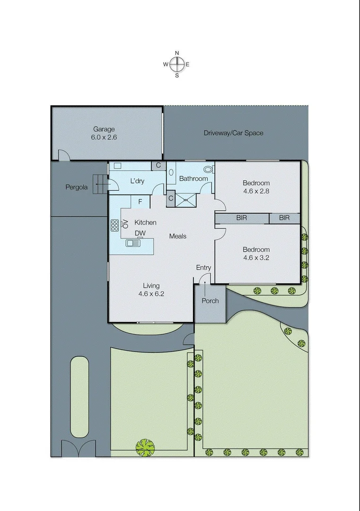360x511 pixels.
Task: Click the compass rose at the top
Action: pyautogui.click(x=177, y=64)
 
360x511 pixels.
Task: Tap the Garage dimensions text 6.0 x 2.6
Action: pyautogui.click(x=104, y=137)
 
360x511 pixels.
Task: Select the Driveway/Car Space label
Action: pyautogui.click(x=233, y=133)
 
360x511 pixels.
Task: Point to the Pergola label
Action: pyautogui.click(x=76, y=187)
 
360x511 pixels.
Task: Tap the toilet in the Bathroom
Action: pyautogui.click(x=208, y=169)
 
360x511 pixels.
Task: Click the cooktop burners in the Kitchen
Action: pyautogui.click(x=114, y=225)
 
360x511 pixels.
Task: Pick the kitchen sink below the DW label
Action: pyautogui.click(x=133, y=243)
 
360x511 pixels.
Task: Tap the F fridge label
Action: pyautogui.click(x=140, y=202)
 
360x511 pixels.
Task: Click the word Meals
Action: pyautogui.click(x=178, y=236)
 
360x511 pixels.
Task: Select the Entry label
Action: pyautogui.click(x=203, y=268)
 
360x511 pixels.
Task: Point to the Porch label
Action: pyautogui.click(x=210, y=300)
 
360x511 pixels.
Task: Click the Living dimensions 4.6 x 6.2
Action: pyautogui.click(x=151, y=293)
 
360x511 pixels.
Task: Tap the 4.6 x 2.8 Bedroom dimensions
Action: pyautogui.click(x=256, y=191)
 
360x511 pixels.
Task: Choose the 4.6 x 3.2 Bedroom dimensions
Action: pyautogui.click(x=256, y=257)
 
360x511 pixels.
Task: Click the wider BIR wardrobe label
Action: pyautogui.click(x=242, y=218)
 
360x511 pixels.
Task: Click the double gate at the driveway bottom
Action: pyautogui.click(x=78, y=449)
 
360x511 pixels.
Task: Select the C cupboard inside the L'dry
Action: pyautogui.click(x=158, y=166)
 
